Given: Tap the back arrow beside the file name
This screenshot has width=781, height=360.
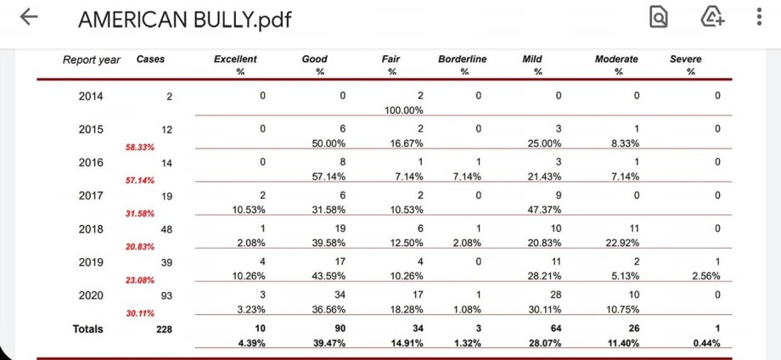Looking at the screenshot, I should click(29, 19).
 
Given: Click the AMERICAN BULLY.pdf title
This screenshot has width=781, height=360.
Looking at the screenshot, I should click(184, 20).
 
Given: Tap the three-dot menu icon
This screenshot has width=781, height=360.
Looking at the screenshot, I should click(758, 19).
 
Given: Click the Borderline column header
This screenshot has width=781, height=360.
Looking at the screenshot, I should click(463, 59).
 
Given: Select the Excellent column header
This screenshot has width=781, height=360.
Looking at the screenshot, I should click(235, 59).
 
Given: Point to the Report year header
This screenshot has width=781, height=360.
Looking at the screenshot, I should click(92, 59).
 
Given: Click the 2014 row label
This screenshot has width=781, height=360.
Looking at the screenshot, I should click(91, 96).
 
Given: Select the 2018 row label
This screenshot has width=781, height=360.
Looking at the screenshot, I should click(91, 228).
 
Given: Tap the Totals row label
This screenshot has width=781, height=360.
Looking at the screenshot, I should click(87, 329).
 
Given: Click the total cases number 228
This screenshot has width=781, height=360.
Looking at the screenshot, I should click(164, 329).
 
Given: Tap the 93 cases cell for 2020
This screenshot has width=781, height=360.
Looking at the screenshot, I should click(166, 295).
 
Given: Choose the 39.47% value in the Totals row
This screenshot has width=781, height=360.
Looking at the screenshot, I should click(323, 343).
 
